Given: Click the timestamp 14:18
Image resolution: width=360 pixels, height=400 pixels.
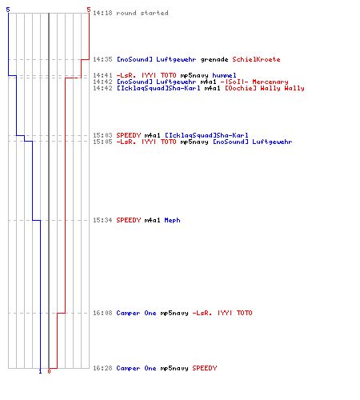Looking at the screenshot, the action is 102,13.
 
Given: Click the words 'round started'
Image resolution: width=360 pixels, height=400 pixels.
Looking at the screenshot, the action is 142,13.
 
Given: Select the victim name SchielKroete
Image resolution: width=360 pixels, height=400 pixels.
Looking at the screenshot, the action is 256,59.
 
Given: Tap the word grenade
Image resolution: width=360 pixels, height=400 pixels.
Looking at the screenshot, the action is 214,59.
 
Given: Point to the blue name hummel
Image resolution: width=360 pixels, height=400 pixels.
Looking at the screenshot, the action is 224,75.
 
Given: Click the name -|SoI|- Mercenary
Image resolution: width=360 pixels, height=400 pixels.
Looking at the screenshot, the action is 254,82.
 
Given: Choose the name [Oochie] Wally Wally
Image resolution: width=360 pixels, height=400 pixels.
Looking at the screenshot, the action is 265,88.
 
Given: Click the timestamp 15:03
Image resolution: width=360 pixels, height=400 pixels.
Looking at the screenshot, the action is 102,135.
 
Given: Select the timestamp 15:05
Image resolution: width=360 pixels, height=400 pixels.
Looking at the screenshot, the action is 102,142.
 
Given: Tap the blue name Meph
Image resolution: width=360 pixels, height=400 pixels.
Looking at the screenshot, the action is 172,220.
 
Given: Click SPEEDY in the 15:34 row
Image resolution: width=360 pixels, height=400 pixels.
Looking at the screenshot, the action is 129,220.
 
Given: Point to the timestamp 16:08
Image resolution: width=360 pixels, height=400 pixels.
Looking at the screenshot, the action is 102,313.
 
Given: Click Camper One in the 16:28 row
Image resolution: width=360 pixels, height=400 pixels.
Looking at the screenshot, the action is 136,368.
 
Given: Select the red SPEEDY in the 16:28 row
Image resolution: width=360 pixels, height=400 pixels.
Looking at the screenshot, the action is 205,368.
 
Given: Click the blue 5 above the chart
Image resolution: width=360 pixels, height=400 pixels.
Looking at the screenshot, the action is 8,10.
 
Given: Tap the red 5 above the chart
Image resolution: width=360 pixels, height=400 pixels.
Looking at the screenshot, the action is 89,10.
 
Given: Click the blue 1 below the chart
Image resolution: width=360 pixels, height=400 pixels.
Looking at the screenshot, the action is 40,371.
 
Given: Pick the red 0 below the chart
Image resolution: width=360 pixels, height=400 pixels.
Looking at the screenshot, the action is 49,371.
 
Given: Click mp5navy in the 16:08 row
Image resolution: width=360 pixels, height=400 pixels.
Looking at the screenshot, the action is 174,313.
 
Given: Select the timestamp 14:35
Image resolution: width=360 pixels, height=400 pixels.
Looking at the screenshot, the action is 102,59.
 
